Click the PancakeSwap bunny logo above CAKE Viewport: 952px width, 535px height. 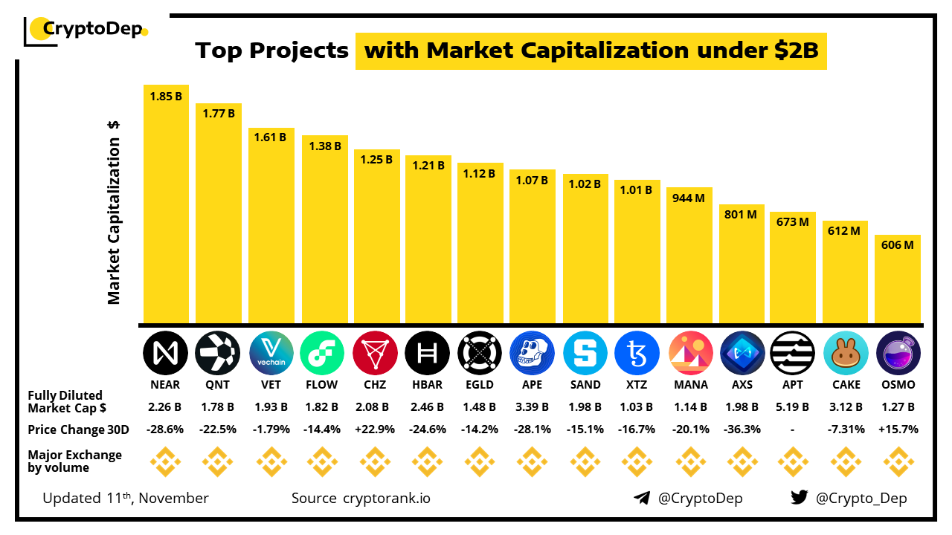tap(846, 353)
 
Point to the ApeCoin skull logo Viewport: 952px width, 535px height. tap(533, 353)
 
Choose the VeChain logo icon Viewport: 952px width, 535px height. tap(271, 353)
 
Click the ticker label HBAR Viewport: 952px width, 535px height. tap(427, 385)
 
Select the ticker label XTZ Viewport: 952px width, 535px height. tap(637, 385)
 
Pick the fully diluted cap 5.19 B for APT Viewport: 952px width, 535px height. tap(793, 407)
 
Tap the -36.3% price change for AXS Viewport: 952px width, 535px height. tap(741, 429)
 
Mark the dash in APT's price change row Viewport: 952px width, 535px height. tap(793, 429)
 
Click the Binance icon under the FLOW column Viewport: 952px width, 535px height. tap(321, 462)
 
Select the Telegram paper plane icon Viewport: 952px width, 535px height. tap(641, 498)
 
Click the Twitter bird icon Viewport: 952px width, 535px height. tap(799, 498)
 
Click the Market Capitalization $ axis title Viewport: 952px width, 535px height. tap(114, 212)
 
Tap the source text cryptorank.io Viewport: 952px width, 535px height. tap(386, 498)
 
